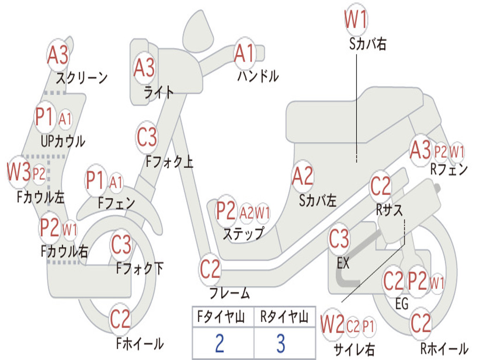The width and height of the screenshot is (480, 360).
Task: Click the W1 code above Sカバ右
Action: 356,20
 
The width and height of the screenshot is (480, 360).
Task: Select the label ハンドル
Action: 258,75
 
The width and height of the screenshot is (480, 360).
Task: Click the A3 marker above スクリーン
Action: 58,55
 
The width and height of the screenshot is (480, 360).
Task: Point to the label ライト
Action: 159,92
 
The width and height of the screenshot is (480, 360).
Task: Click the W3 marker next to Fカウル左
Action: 19,172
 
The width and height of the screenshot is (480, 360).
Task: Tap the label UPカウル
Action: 63,141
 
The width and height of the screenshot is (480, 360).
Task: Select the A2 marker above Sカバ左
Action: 302,176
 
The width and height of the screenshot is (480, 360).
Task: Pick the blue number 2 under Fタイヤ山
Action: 219,344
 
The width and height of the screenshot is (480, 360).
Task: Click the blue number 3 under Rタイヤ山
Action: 280,344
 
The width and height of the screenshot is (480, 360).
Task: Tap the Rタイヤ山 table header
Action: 284,318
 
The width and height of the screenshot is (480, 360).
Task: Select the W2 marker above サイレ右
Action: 332,325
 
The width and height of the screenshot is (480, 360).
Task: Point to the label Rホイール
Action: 444,349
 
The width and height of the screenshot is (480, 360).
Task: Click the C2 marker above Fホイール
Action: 120,319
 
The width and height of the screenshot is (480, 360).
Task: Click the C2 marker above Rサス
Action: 381,186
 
